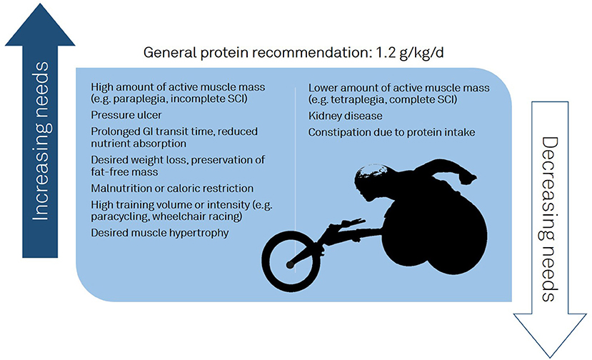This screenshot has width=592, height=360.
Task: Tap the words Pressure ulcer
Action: (x=126, y=115)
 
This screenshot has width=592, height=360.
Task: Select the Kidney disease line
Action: (x=345, y=116)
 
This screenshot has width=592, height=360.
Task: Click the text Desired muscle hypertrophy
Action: (x=160, y=233)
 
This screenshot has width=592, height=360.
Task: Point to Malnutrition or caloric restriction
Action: (x=172, y=188)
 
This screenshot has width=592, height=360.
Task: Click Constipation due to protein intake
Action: (x=391, y=132)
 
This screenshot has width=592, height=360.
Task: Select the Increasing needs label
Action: (x=40, y=141)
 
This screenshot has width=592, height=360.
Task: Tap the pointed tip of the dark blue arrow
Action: (x=40, y=4)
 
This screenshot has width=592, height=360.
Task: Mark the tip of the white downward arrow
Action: (x=550, y=357)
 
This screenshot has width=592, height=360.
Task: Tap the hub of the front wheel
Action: (x=290, y=265)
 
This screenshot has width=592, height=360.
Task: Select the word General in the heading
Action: (x=170, y=53)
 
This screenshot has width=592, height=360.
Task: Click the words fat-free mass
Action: (x=124, y=172)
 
